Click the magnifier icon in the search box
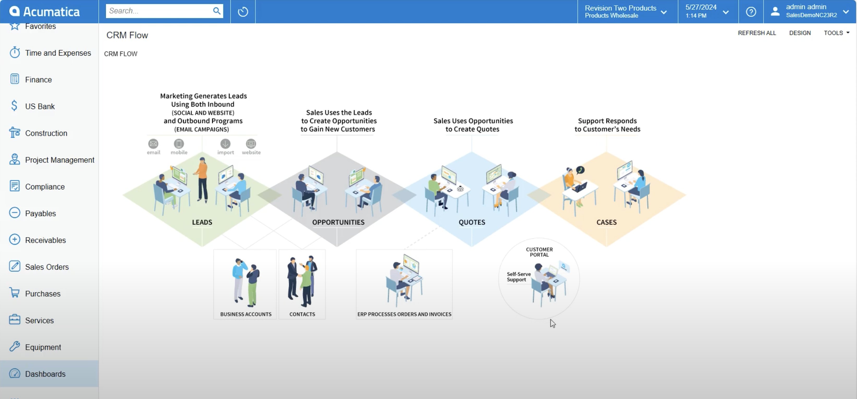click(217, 11)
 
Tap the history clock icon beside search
click(243, 12)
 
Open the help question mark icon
click(751, 12)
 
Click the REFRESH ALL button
click(757, 33)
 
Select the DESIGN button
click(800, 33)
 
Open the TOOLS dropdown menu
click(836, 33)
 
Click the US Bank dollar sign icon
click(14, 106)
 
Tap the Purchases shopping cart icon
click(14, 293)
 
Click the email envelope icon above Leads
click(153, 144)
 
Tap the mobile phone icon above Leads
click(179, 144)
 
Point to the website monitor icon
click(251, 144)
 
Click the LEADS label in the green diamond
click(202, 222)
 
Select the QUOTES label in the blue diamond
click(472, 222)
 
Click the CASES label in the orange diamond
click(607, 222)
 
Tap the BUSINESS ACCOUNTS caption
click(246, 314)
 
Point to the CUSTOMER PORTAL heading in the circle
click(539, 252)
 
